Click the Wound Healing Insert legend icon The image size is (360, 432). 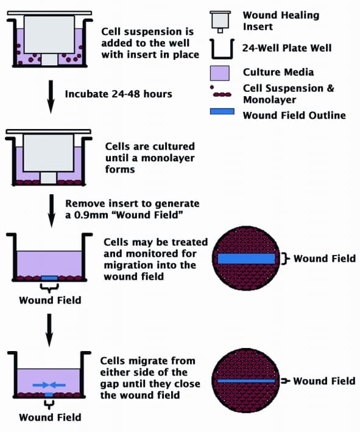(x=220, y=20)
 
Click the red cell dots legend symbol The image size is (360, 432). (x=220, y=95)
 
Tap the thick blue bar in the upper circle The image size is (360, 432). (x=247, y=259)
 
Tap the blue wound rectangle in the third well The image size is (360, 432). (x=50, y=278)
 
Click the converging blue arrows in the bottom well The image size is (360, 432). (x=50, y=385)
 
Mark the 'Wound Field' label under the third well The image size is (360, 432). (x=50, y=300)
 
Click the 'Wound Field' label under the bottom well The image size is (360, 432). (x=50, y=417)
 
